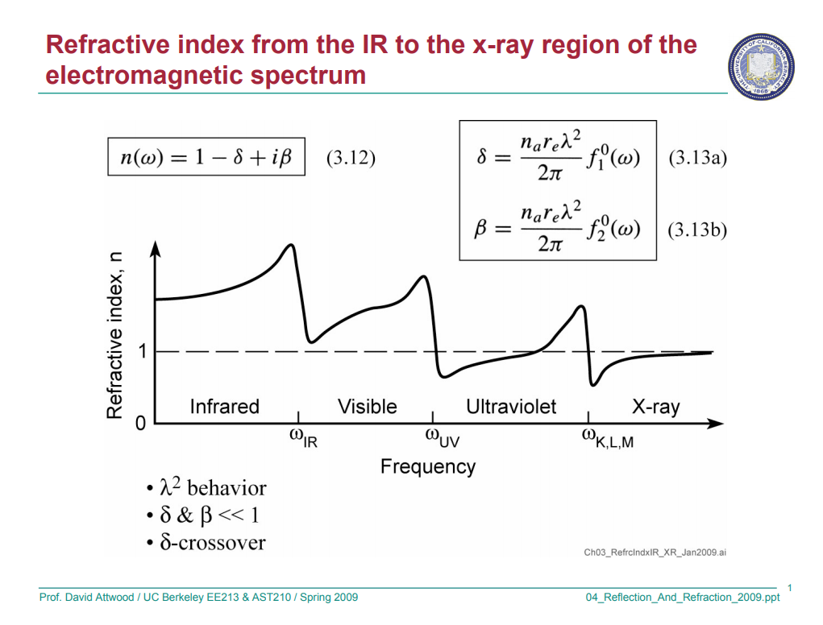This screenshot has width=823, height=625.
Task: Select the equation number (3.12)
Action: pos(351,158)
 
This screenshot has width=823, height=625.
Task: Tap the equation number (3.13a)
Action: pos(697,158)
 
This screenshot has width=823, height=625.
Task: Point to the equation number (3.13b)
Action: pos(697,230)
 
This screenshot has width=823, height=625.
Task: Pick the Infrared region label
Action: pos(224,407)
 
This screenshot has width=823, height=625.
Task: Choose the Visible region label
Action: pos(367,407)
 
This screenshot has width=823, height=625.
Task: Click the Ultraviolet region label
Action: pos(511,407)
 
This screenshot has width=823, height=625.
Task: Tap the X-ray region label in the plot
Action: pos(655,407)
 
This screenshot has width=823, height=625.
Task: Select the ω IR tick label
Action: pos(303,439)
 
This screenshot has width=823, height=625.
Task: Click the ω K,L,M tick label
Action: pos(607,439)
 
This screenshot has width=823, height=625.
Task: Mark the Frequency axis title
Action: pos(428,467)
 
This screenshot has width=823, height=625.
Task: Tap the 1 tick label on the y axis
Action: pos(142,352)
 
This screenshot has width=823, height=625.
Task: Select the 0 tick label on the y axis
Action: pos(141,424)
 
